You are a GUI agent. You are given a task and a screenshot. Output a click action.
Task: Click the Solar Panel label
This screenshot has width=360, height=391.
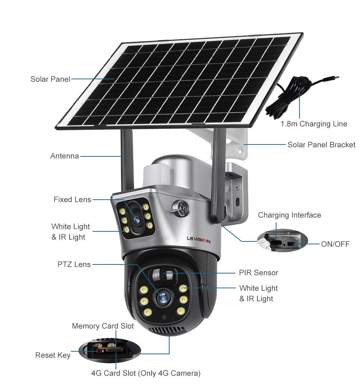click(50, 79)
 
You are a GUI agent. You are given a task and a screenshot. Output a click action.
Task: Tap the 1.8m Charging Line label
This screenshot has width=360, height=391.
click(314, 124)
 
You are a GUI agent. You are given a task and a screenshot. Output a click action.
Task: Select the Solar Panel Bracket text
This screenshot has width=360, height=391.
click(321, 145)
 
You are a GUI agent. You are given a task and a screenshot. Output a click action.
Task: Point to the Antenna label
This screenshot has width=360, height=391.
click(64, 156)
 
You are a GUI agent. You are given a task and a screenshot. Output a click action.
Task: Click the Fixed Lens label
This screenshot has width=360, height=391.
click(72, 199)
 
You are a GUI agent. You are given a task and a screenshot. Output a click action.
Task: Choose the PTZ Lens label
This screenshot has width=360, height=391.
click(74, 264)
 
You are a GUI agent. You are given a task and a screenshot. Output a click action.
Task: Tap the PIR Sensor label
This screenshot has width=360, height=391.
click(258, 272)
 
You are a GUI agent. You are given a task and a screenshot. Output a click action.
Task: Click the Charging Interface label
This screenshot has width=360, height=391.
click(289, 215)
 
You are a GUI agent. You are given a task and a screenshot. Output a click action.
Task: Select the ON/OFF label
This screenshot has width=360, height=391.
click(335, 244)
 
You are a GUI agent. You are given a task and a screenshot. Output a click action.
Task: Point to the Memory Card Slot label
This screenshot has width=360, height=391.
click(103, 326)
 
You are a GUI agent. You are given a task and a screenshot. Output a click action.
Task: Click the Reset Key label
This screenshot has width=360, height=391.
click(53, 355)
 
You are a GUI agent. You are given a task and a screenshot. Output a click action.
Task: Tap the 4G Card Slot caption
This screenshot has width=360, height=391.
click(145, 373)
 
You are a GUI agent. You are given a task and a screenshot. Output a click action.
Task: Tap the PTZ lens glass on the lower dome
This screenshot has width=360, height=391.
click(161, 296)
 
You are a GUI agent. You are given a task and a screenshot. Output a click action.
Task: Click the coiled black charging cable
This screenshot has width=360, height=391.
click(288, 97)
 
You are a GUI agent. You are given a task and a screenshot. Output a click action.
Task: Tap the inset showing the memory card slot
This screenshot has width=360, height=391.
click(108, 349)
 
